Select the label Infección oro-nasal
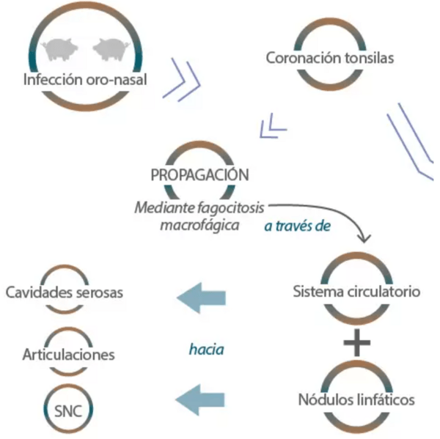85,78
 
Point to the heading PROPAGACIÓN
199,177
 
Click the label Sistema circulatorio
356,292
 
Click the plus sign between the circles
356,343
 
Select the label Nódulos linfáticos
356,400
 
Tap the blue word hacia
206,350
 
